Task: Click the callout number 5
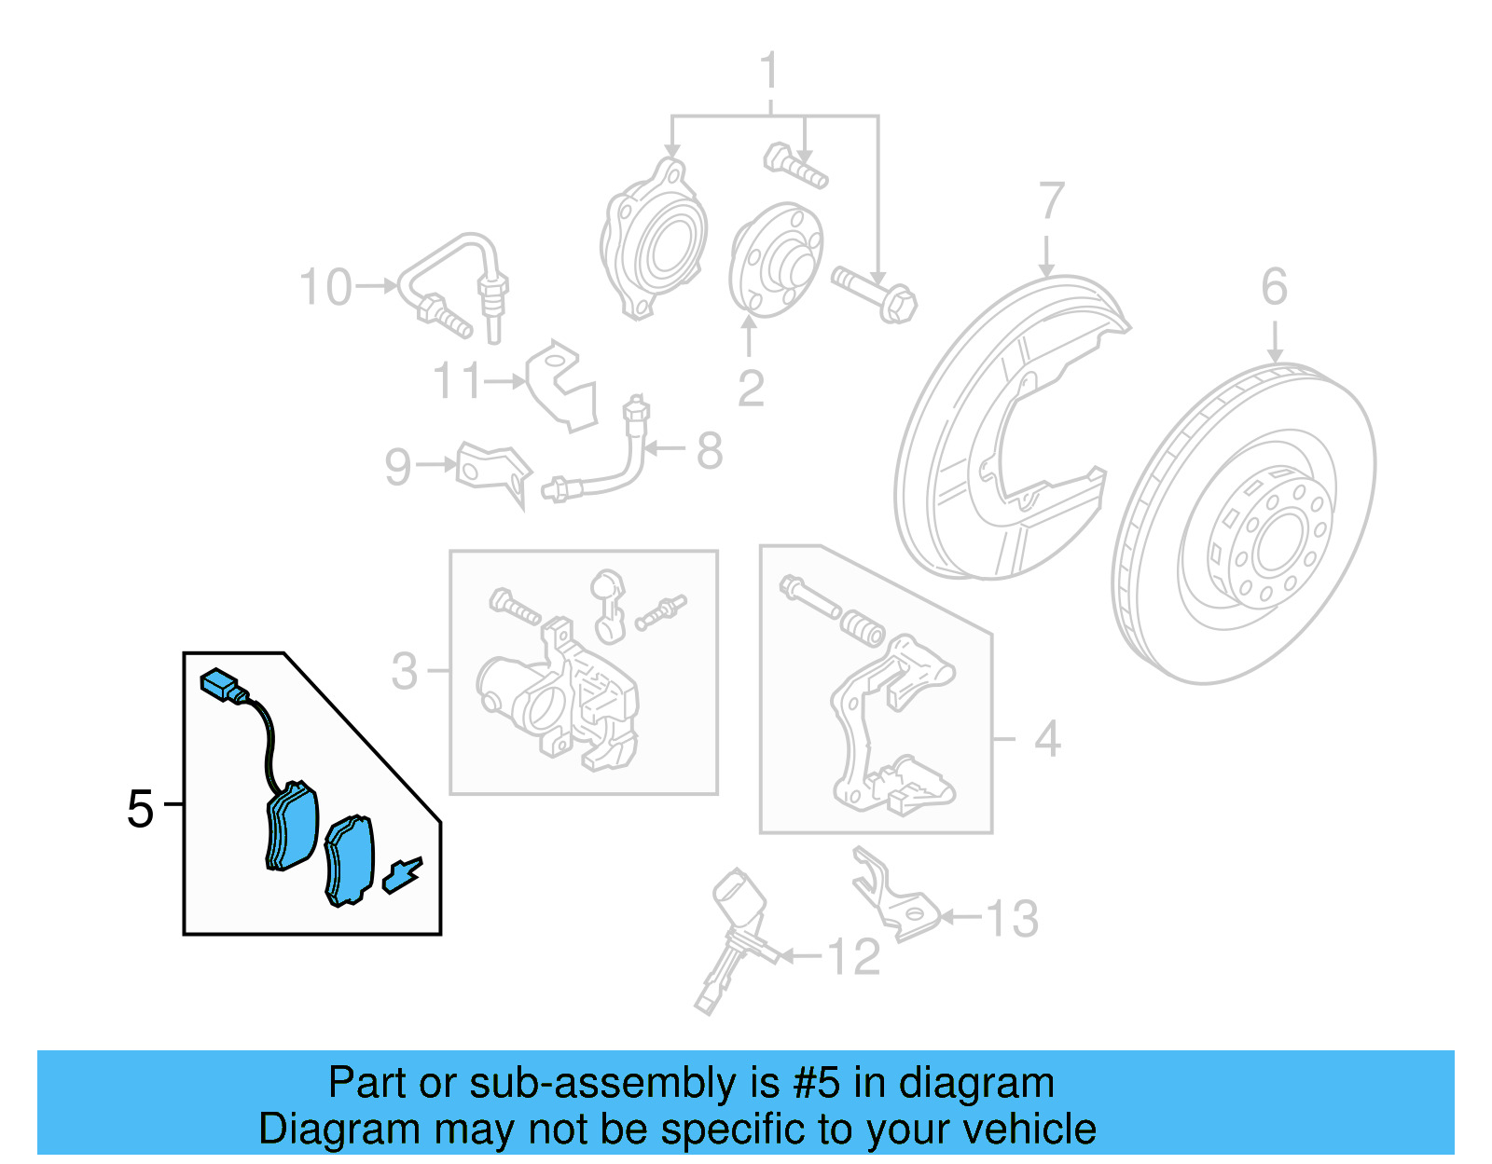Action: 140,808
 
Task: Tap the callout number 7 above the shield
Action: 1051,201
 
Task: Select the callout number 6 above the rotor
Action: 1274,287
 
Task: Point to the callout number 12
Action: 853,957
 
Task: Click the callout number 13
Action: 1012,919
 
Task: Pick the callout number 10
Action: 325,287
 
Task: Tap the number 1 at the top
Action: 769,72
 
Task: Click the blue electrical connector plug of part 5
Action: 220,686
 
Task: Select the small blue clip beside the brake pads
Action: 402,875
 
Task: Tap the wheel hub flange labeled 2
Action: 777,261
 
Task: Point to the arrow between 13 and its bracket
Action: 960,918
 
